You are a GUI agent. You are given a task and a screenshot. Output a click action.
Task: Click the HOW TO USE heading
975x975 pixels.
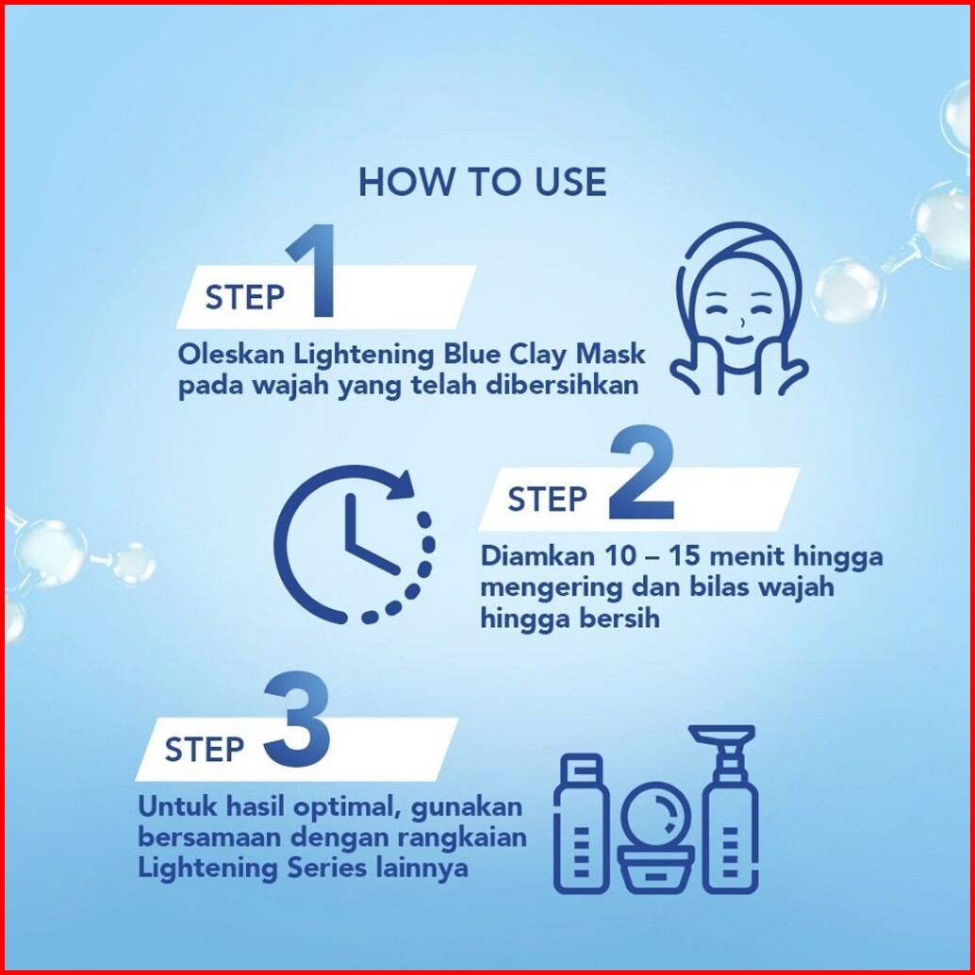[482, 182]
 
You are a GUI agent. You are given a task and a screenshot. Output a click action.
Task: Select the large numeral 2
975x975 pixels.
[641, 472]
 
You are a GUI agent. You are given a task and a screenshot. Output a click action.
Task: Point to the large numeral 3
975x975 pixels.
[297, 719]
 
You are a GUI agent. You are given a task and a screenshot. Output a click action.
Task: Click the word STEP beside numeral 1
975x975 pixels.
[244, 297]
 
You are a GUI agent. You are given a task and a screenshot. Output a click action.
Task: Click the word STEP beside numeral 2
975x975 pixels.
[547, 500]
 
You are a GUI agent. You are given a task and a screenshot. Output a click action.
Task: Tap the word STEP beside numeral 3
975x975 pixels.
[204, 750]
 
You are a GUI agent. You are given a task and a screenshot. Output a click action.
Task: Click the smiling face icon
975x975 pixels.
[738, 309]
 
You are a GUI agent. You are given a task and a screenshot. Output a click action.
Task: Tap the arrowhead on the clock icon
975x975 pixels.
[401, 484]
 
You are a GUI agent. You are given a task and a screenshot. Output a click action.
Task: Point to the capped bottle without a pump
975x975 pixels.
[582, 824]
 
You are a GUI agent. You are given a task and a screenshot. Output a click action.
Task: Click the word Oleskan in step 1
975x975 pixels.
[231, 355]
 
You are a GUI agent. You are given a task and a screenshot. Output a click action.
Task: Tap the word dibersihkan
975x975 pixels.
[562, 385]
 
